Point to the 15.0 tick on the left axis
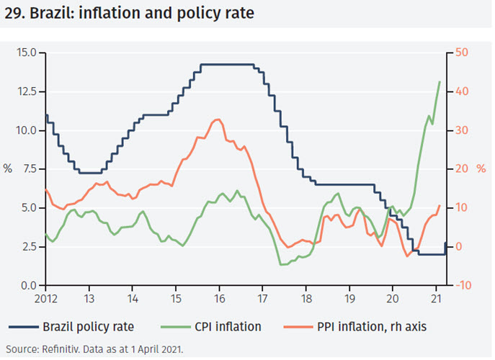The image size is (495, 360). click(x=26, y=52)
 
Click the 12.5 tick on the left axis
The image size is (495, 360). click(x=26, y=91)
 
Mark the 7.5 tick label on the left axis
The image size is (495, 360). click(x=29, y=169)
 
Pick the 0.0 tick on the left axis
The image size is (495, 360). click(x=29, y=286)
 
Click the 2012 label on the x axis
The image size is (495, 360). click(x=45, y=297)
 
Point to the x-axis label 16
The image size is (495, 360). click(x=219, y=297)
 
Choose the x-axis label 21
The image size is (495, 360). click(x=435, y=297)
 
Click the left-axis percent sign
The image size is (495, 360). click(x=8, y=169)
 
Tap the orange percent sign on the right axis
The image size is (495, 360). click(x=481, y=169)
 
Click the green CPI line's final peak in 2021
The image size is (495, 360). click(x=440, y=81)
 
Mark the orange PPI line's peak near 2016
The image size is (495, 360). click(x=218, y=120)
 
